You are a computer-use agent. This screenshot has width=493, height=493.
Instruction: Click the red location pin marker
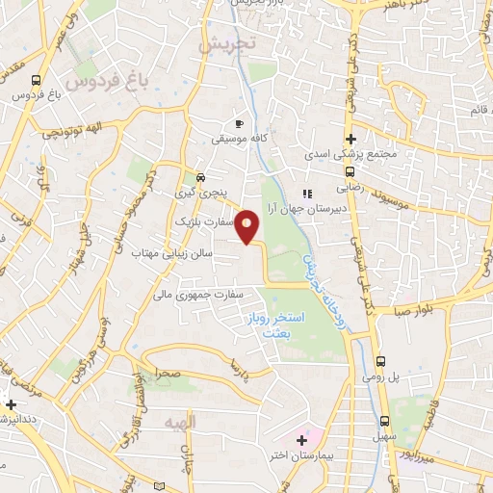(247, 227)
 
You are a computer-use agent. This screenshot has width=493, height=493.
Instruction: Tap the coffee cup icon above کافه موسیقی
(240, 123)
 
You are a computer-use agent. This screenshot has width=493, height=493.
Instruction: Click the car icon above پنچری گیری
(199, 177)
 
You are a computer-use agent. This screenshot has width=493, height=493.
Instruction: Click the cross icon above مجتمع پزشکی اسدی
(351, 139)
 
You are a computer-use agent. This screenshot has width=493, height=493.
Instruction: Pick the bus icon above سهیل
(384, 421)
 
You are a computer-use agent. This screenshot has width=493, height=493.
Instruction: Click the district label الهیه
(180, 425)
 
